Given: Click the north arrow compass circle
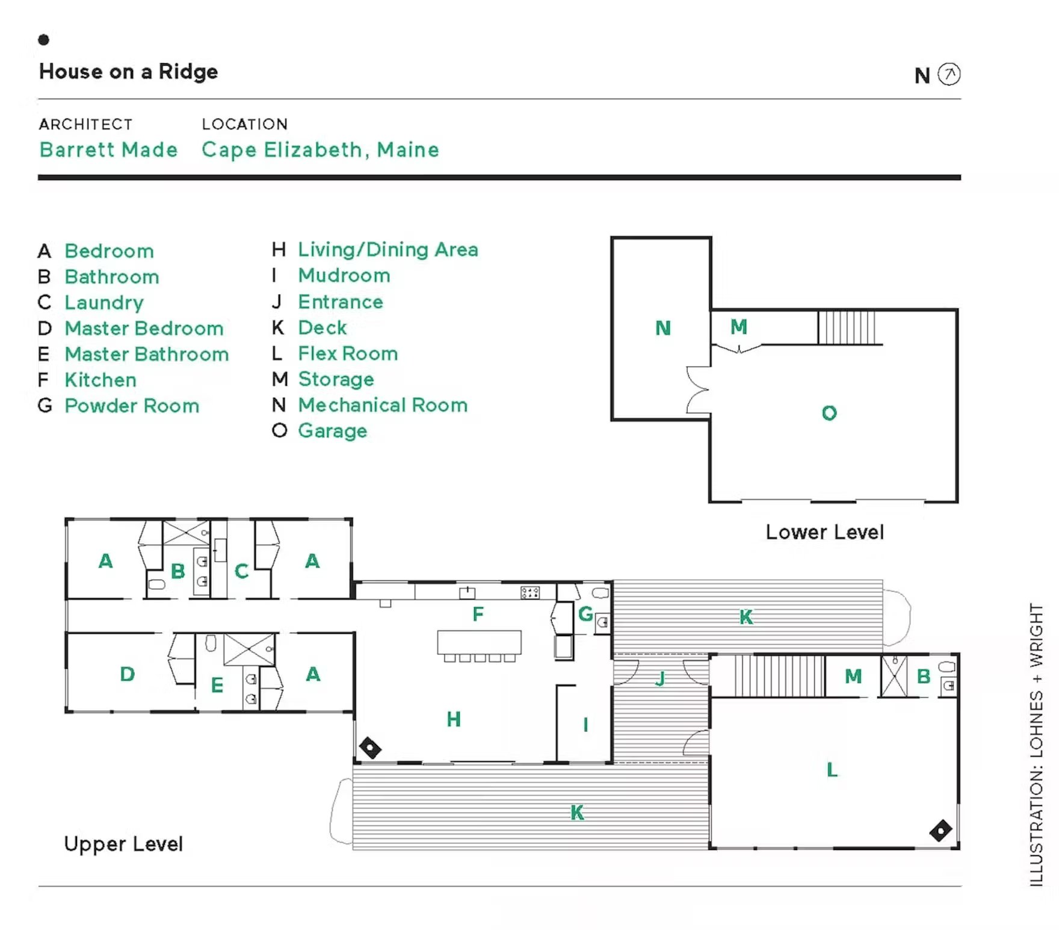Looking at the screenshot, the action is click(949, 75).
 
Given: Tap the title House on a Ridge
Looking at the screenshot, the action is click(128, 72).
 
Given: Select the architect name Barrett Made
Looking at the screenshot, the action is click(108, 149).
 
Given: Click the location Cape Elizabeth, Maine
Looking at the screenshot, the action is click(320, 150).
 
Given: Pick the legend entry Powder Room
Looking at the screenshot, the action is click(132, 406).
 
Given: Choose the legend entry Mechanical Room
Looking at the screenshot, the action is click(383, 405).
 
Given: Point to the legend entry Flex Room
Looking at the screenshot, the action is click(348, 353).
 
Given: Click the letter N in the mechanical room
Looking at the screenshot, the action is click(662, 328).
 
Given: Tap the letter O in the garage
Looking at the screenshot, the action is click(829, 413).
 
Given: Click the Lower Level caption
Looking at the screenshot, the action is click(824, 532).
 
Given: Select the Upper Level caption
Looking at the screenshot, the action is click(123, 844).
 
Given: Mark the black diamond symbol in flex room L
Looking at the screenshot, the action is click(940, 831).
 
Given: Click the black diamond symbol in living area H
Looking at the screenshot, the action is click(370, 748).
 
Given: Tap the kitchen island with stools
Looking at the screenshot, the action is click(479, 646).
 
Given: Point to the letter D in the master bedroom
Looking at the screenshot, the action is click(127, 674).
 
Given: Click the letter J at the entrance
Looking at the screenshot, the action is click(661, 678).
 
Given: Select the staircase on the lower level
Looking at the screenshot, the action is click(847, 327).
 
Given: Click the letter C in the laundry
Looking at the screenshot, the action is click(241, 571).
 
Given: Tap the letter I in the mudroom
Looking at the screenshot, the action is click(585, 725).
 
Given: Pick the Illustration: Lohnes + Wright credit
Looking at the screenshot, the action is click(1036, 745).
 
